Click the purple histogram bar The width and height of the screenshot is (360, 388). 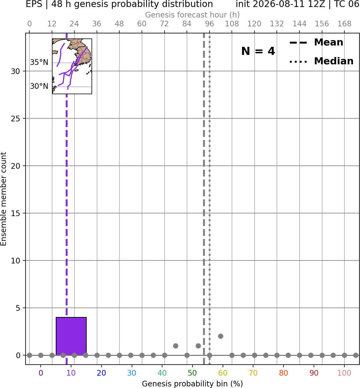tap(71, 336)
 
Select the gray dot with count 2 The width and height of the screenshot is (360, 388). tap(221, 336)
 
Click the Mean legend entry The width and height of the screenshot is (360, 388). tap(316, 43)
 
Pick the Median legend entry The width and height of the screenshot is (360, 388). tap(321, 61)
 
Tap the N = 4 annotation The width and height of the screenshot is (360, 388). tap(258, 51)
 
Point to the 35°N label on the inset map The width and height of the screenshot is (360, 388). tap(39, 62)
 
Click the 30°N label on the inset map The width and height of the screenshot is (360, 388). tap(39, 86)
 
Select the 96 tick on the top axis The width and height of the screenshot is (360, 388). tap(209, 24)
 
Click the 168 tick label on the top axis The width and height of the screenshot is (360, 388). tap(344, 24)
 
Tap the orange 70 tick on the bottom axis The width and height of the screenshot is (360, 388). tap(253, 373)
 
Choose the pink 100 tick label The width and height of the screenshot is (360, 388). tap(344, 373)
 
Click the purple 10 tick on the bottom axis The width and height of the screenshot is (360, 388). tap(71, 373)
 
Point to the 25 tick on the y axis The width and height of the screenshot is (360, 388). tap(15, 119)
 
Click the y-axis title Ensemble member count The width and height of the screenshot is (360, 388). tap(4, 199)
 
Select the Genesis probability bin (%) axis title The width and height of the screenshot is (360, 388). tap(193, 384)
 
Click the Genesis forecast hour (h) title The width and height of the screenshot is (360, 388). tap(193, 15)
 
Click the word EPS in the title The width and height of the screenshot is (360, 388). tap(34, 4)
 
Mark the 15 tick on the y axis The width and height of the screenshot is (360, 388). tap(15, 213)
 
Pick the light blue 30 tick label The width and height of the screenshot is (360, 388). tap(132, 373)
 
